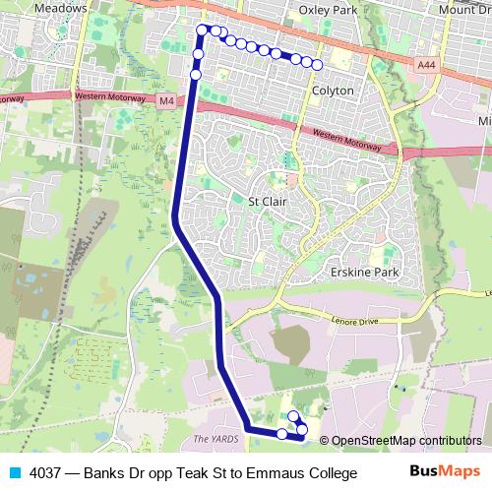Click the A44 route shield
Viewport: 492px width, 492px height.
point(425,64)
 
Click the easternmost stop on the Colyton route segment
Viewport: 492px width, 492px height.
point(318,65)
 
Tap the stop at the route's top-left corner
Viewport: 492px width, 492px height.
point(203,30)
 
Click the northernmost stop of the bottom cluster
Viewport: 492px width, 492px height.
point(293,416)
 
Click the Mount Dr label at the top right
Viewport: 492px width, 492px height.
point(464,9)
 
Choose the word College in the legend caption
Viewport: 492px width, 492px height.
point(330,473)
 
